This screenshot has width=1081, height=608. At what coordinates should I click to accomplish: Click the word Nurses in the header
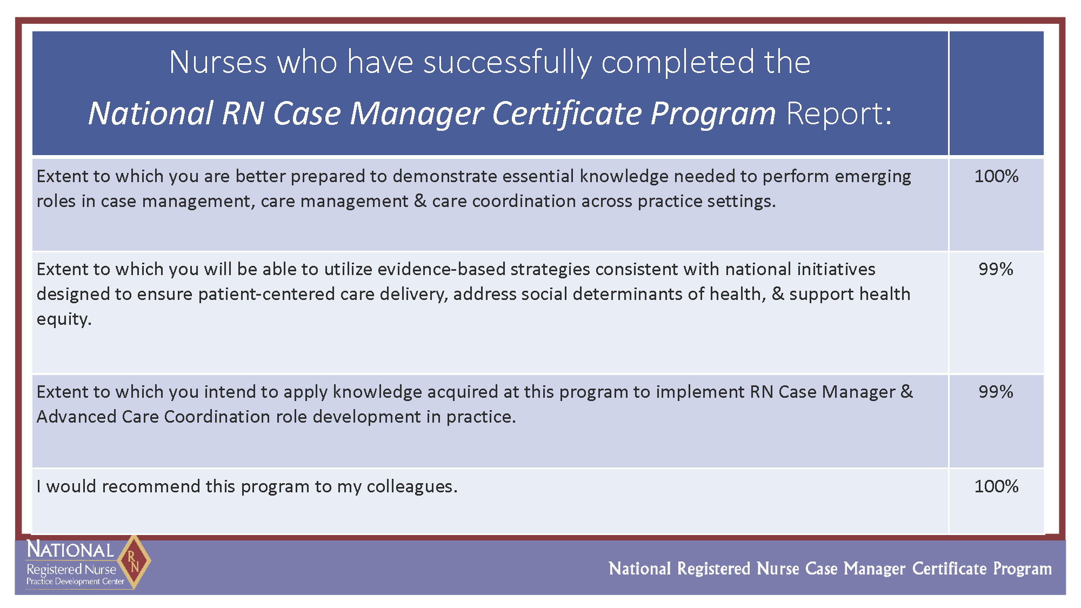[x=218, y=62]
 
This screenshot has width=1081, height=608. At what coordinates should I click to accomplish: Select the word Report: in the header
[x=839, y=113]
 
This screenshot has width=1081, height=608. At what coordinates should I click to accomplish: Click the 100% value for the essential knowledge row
[x=996, y=176]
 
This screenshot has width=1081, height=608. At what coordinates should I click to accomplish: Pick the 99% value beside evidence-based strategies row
[x=996, y=269]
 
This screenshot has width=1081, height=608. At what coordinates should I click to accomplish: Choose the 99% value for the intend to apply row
[x=996, y=392]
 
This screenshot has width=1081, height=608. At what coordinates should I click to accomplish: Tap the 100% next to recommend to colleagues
[x=996, y=486]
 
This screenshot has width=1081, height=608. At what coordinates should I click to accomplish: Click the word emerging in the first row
[x=872, y=178]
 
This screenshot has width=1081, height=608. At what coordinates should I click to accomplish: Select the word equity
[x=64, y=320]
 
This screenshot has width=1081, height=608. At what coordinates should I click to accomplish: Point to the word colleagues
[x=412, y=487]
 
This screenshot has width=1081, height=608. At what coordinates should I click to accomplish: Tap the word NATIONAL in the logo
[x=70, y=550]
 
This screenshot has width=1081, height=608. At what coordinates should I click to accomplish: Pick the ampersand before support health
[x=778, y=294]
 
